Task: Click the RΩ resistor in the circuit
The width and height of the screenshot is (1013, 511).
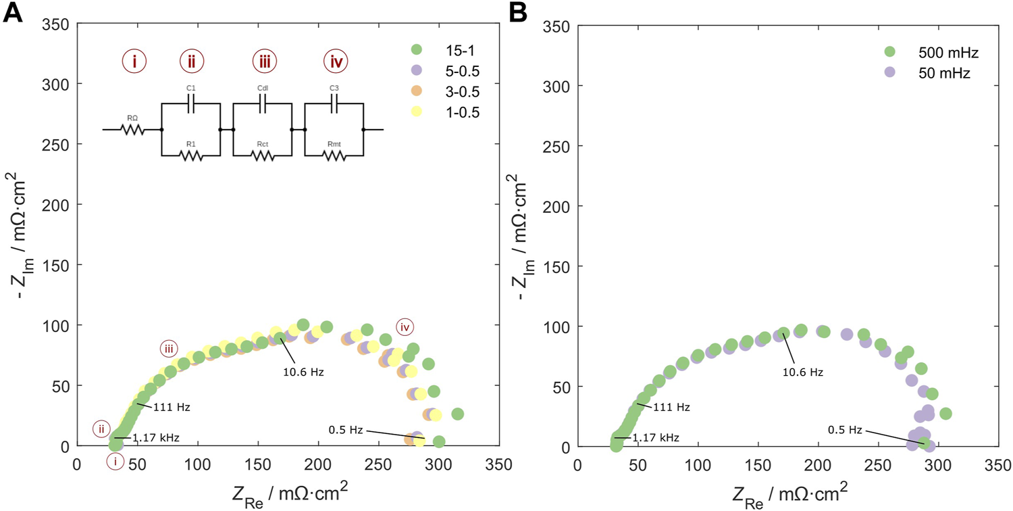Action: tap(132, 129)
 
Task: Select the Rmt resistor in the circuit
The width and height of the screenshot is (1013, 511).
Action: tap(334, 156)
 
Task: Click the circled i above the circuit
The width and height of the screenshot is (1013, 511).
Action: tap(134, 62)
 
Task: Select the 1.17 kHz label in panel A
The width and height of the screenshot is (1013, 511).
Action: tap(155, 437)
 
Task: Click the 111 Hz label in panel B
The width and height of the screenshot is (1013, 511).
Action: tap(673, 407)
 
